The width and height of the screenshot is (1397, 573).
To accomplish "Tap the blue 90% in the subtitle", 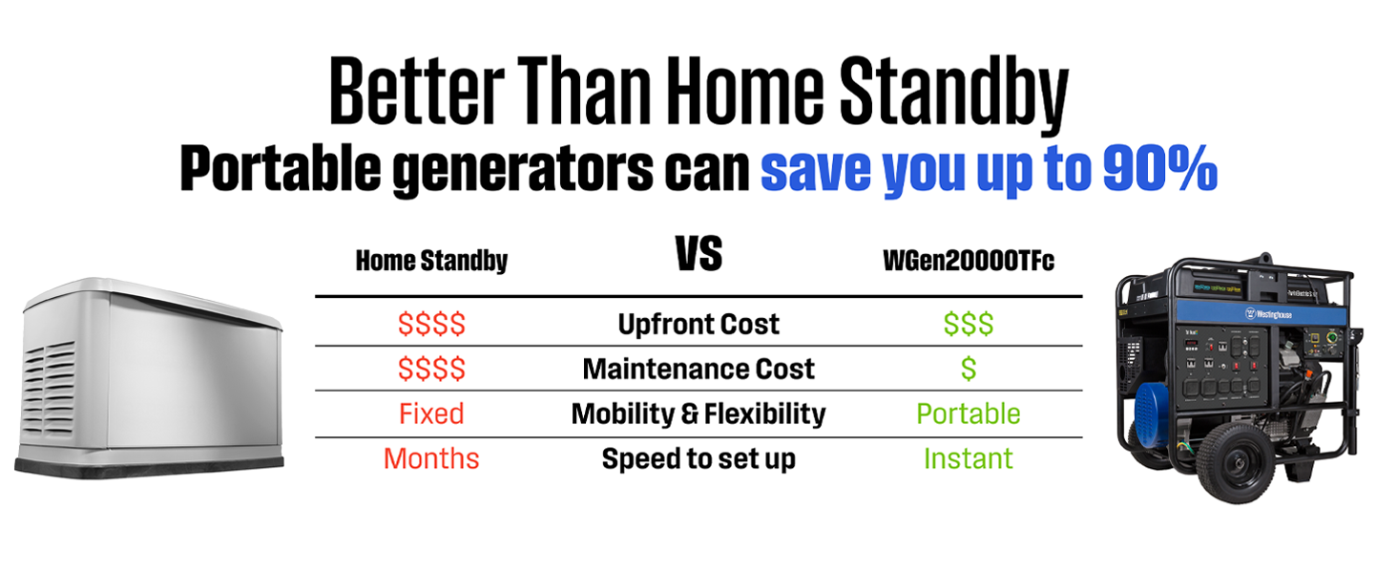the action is click(x=1159, y=167).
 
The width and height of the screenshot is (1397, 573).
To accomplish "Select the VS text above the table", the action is click(x=699, y=253).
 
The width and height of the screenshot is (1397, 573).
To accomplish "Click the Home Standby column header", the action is click(x=431, y=261).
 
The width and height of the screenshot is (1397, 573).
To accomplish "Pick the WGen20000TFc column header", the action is click(x=968, y=261).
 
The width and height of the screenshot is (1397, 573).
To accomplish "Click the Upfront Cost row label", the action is click(x=698, y=324).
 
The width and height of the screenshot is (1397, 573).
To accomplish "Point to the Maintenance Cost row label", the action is click(x=698, y=369).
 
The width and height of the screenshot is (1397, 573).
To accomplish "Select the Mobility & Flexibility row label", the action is click(x=698, y=414).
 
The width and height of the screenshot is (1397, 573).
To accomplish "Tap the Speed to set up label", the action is click(x=698, y=458).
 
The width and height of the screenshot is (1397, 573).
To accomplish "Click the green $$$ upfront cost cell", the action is click(x=968, y=324).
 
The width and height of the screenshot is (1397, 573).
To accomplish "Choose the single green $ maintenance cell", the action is click(x=968, y=369).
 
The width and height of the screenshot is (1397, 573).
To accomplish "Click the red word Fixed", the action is click(x=431, y=414).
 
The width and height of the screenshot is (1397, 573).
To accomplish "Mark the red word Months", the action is click(x=431, y=458).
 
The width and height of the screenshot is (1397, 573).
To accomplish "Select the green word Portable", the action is click(x=968, y=414).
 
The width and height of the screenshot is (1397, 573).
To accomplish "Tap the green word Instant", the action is click(x=968, y=458).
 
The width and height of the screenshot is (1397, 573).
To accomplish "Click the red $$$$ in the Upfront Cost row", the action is click(x=431, y=324).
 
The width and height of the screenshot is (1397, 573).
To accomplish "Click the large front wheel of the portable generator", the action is click(x=1234, y=462).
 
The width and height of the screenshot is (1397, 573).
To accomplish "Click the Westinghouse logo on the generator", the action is click(x=1268, y=313).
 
